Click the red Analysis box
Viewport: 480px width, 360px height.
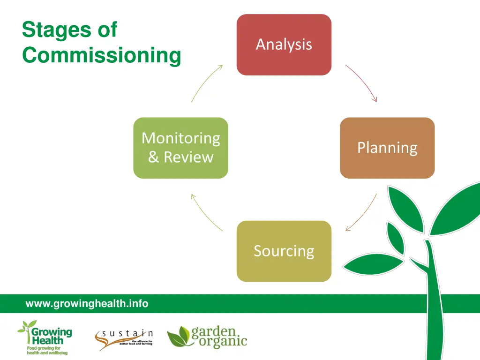[x=284, y=45]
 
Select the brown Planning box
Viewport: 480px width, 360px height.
[x=387, y=148]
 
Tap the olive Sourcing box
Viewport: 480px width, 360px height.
[x=284, y=251]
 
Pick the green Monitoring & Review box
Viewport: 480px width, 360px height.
[x=180, y=148]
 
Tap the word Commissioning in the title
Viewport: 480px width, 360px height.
[x=101, y=55]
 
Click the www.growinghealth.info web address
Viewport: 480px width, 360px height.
[x=87, y=304]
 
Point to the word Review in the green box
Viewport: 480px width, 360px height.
[x=188, y=157]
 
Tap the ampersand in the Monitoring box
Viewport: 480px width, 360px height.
[x=153, y=157]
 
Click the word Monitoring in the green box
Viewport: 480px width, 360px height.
[x=180, y=138]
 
